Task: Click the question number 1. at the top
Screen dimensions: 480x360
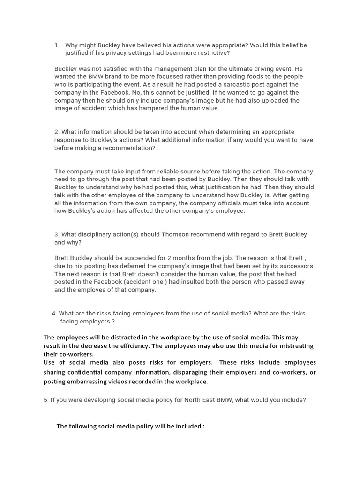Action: point(57,45)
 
